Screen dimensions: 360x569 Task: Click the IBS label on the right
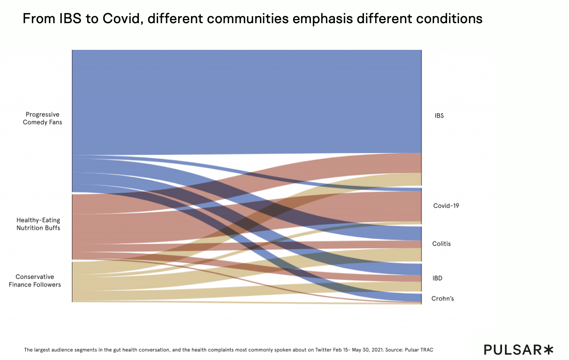[x=439, y=116]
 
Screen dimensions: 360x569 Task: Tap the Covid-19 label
[x=446, y=206]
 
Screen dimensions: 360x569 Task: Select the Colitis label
[x=441, y=244]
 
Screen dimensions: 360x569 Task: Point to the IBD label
[x=437, y=278]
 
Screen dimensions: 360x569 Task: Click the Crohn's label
[x=443, y=299]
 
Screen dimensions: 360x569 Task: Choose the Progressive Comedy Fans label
[x=42, y=118]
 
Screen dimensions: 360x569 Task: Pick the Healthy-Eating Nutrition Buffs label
[x=38, y=224]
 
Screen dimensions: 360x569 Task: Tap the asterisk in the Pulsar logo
[x=548, y=349]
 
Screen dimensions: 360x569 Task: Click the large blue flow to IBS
[x=247, y=101]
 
